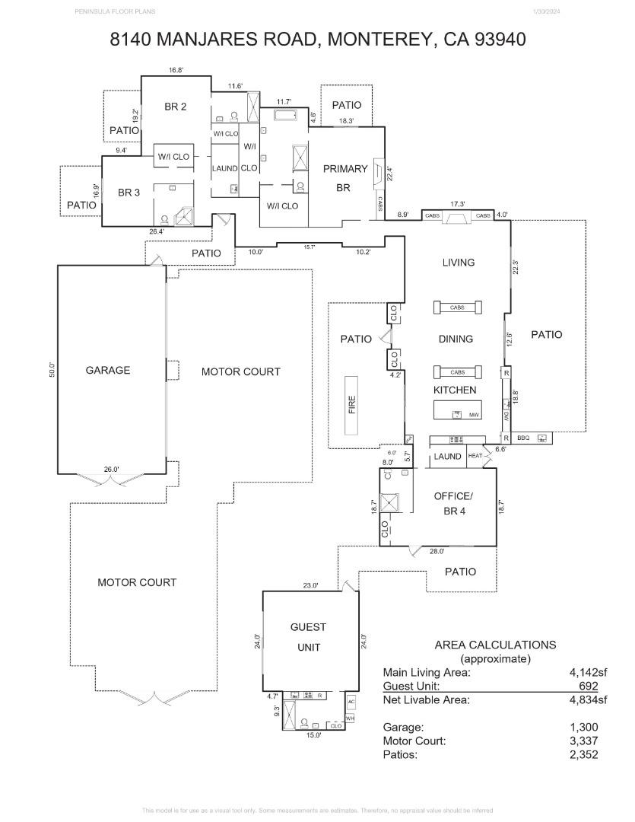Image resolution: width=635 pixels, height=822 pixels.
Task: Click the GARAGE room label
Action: coord(107,371)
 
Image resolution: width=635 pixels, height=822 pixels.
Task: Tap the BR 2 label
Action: coord(175,107)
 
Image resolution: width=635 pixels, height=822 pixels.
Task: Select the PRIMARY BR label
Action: coord(344,178)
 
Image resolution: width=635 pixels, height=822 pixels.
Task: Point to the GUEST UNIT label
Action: coord(308,637)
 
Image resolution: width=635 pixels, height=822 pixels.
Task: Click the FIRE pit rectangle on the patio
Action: coord(352,404)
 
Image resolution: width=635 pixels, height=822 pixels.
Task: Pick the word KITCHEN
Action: coord(455,390)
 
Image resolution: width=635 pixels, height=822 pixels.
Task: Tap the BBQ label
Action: coord(523,438)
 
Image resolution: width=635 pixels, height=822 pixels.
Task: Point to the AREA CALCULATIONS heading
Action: coord(495,645)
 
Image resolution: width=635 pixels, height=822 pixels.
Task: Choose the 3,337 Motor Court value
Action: coord(583,741)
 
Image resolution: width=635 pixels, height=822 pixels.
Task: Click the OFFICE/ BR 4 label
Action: coord(452,503)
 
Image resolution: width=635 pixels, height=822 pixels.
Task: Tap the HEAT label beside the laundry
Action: coord(475,456)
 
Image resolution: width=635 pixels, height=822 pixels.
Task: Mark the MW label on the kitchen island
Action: coord(473,415)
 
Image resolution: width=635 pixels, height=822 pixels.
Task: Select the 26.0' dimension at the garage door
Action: coord(111,470)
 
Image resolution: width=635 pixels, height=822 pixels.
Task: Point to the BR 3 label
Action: coord(129,193)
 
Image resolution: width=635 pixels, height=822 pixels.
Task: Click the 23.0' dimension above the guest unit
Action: coord(310,585)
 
